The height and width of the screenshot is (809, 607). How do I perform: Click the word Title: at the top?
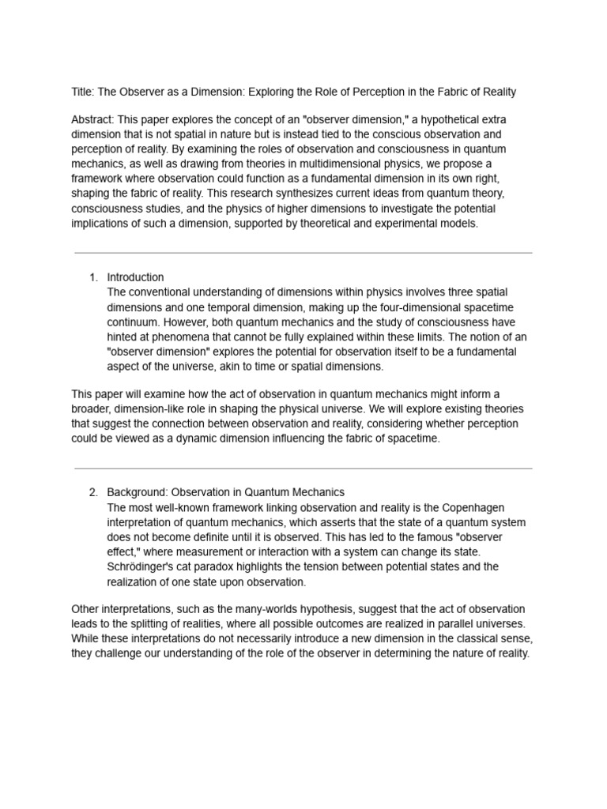[84, 92]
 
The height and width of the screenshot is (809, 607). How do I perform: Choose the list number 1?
[92, 277]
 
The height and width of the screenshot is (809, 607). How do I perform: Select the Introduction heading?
[136, 277]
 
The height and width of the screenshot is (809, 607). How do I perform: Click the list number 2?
[92, 493]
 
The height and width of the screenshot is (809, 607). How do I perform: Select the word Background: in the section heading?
[138, 493]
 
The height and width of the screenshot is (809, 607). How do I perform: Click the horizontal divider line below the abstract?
[303, 253]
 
